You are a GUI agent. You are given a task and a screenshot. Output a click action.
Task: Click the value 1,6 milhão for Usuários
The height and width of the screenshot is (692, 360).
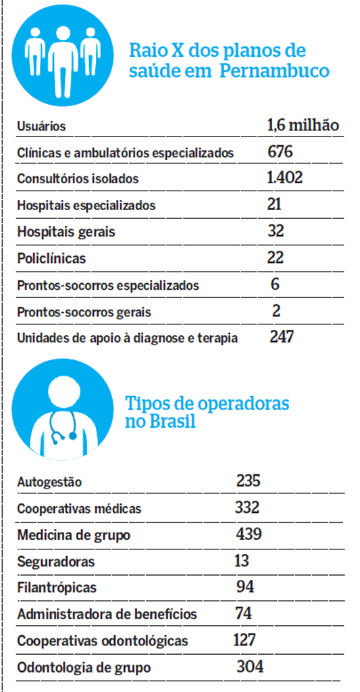[303, 125]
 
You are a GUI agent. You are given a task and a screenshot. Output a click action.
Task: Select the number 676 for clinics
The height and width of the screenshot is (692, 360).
[280, 152]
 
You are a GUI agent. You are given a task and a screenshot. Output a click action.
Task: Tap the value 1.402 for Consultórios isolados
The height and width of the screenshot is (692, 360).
[284, 178]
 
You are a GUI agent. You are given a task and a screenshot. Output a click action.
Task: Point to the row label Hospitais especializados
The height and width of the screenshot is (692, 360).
[86, 205]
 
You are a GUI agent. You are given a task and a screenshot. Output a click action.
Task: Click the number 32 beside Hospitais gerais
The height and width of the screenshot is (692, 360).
[276, 231]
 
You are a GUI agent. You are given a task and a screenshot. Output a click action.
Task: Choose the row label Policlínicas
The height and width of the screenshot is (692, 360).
[51, 258]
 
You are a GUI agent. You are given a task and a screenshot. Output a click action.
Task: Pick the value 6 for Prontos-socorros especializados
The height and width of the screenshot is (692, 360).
[276, 284]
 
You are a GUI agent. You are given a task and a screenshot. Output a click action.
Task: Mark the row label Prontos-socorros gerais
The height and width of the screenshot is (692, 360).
[84, 312]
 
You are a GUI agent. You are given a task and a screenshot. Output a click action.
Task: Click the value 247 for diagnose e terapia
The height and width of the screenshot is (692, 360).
[282, 337]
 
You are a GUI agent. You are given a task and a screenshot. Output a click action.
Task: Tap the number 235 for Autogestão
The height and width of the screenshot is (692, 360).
[249, 480]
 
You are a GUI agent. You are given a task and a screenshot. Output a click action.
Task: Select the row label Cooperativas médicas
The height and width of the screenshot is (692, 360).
[80, 508]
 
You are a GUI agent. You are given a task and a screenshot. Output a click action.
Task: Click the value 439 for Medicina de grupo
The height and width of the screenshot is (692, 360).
[249, 535]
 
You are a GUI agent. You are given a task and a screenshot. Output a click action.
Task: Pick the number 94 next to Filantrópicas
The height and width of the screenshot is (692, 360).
[246, 587]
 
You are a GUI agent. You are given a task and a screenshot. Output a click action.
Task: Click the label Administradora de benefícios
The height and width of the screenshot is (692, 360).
[107, 614]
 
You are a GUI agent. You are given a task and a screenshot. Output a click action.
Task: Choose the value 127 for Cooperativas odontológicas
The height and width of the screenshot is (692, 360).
[245, 639]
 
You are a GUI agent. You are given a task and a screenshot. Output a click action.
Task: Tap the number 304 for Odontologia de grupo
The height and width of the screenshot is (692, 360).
[250, 666]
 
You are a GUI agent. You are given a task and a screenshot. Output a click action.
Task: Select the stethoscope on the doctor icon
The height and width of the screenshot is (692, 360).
[65, 426]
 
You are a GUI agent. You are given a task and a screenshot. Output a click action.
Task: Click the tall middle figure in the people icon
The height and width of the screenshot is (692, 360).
[63, 58]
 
